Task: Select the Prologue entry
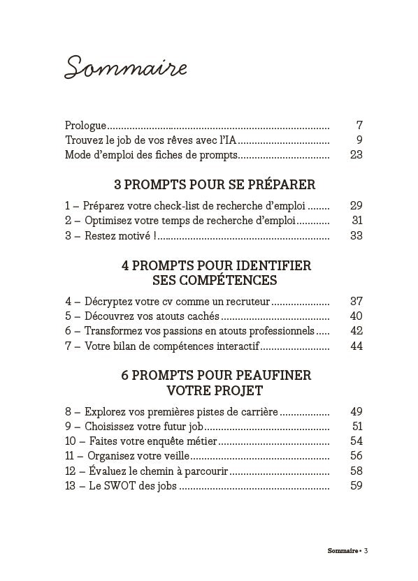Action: (x=85, y=126)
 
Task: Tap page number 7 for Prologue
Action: (x=359, y=126)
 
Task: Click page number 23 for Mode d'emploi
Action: (x=356, y=155)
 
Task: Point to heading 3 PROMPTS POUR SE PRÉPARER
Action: (x=214, y=185)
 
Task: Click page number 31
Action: (x=356, y=221)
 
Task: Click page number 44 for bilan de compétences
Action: (x=356, y=346)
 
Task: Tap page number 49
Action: (x=356, y=412)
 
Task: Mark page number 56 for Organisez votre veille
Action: (x=356, y=456)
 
